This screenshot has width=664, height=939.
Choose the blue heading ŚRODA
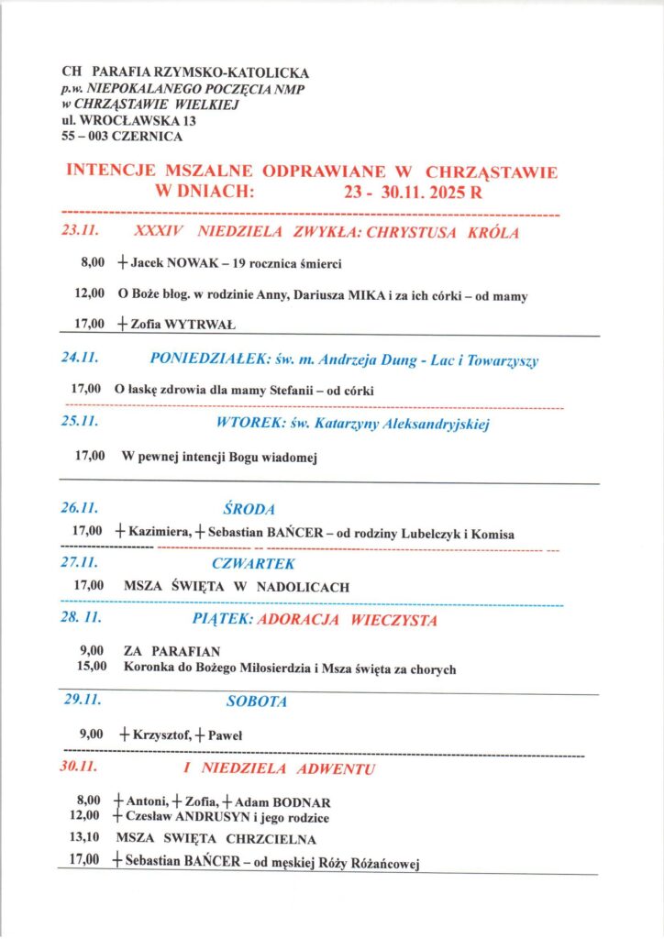tap(249, 507)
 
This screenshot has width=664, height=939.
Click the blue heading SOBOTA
tap(257, 701)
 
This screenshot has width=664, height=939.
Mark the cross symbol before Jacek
tap(122, 264)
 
